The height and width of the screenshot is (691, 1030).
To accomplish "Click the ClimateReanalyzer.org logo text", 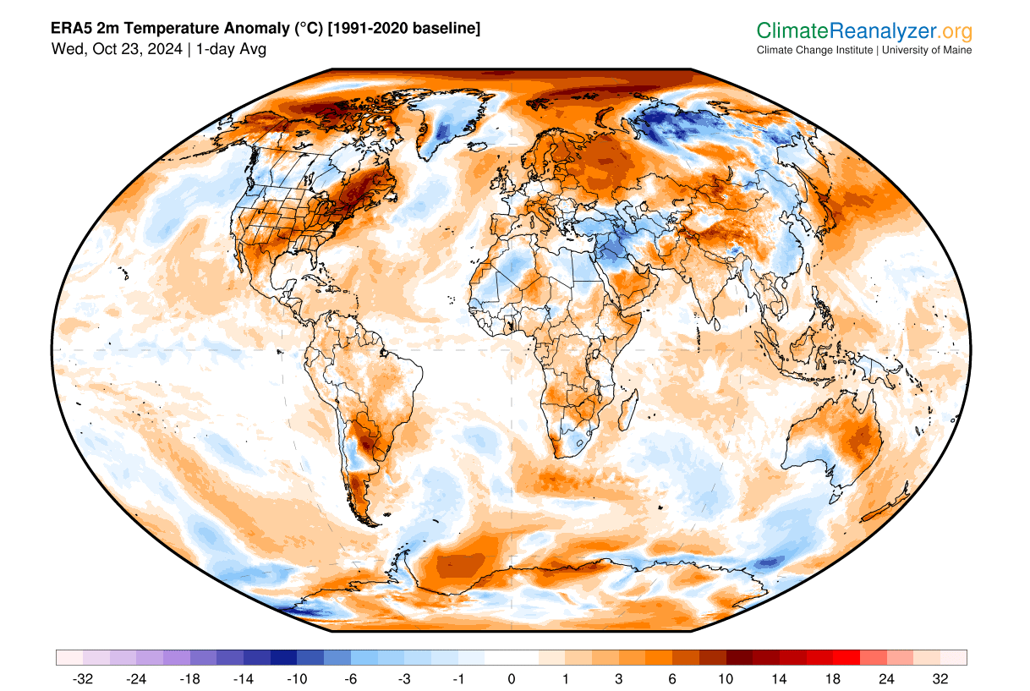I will coord(863,31).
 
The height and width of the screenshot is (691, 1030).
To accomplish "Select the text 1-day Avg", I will coord(231,49).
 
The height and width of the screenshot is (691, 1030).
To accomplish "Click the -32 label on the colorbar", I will coord(82,678).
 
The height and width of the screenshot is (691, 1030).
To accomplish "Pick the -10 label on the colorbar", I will coord(297,678).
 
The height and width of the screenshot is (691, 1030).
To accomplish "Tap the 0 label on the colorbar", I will coord(512,678).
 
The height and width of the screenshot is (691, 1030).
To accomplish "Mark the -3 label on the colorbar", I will coord(404,678).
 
